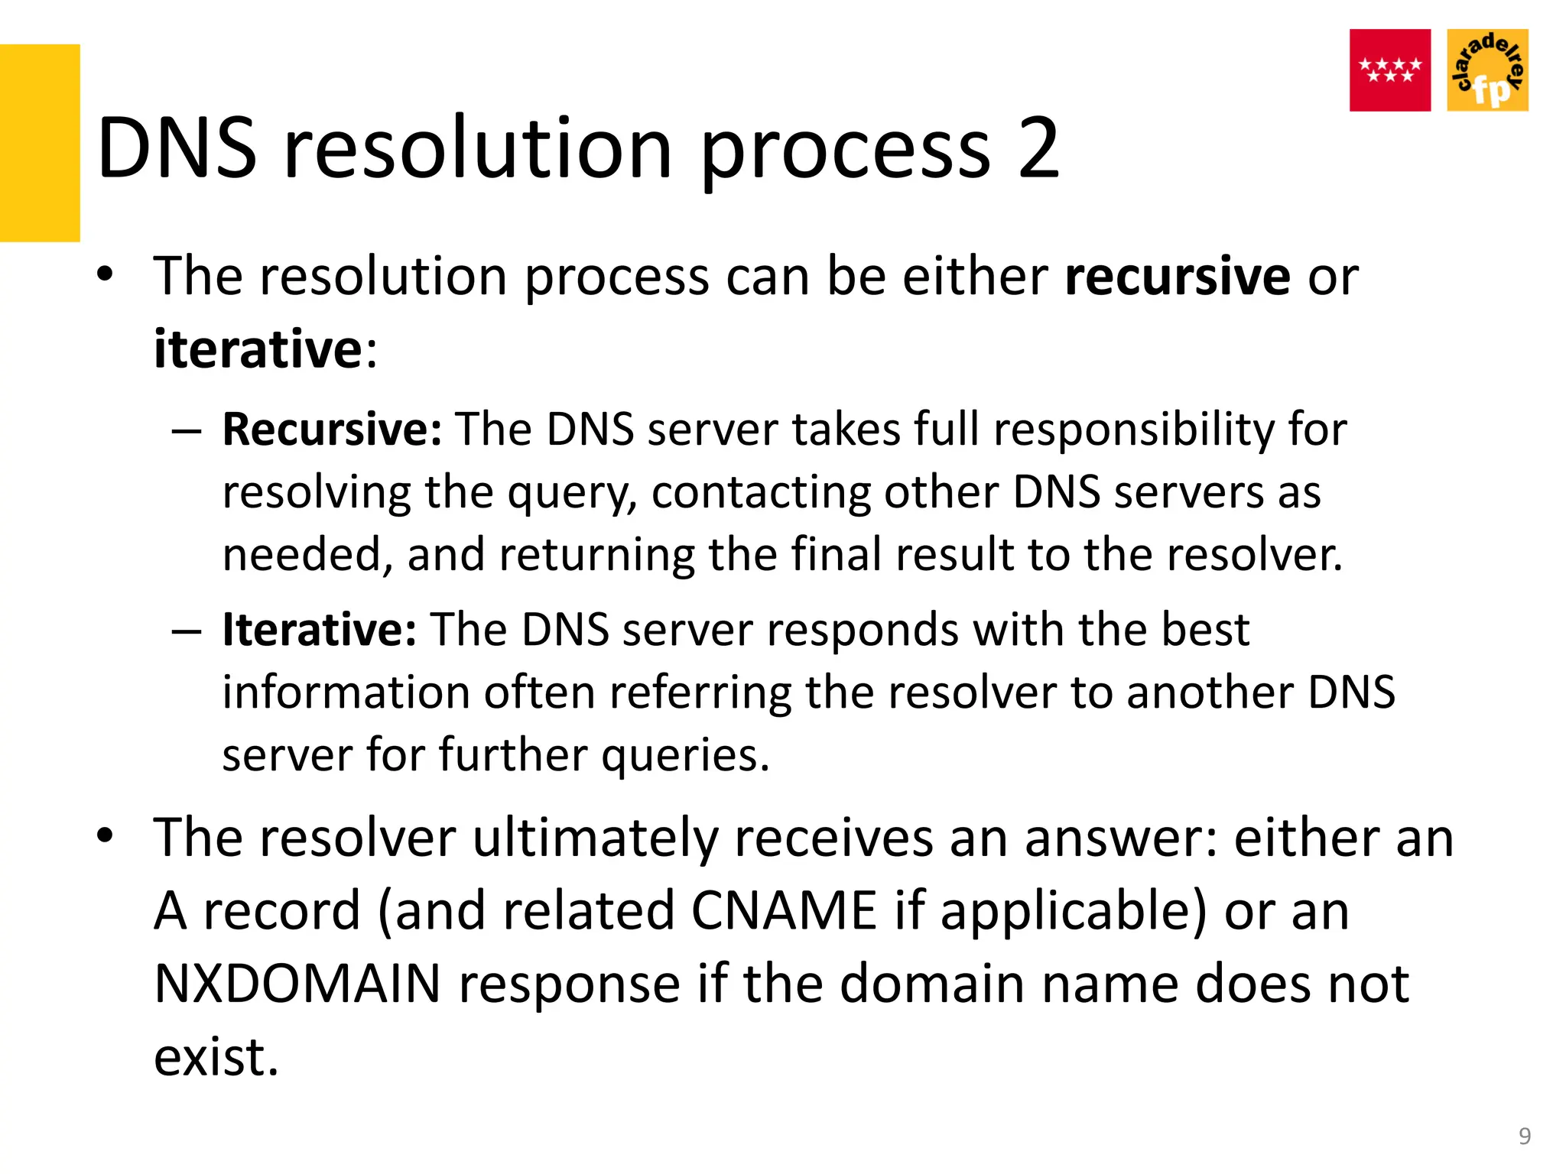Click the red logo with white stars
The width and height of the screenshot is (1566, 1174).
(1389, 70)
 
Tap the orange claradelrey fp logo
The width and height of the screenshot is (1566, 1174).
(1487, 70)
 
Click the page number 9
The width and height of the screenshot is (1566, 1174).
(1524, 1136)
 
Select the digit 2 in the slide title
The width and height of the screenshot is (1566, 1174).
(1038, 148)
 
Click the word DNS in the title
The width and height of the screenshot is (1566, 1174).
(177, 148)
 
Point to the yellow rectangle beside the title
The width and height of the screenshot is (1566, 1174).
(39, 143)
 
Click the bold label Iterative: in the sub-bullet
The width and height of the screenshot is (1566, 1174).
(319, 630)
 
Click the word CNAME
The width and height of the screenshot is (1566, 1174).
(783, 910)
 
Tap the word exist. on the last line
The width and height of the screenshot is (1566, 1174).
(216, 1057)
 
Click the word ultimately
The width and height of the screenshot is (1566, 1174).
(596, 838)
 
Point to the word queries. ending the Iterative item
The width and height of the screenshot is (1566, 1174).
(685, 755)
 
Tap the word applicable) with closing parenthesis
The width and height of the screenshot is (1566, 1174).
(1073, 912)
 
